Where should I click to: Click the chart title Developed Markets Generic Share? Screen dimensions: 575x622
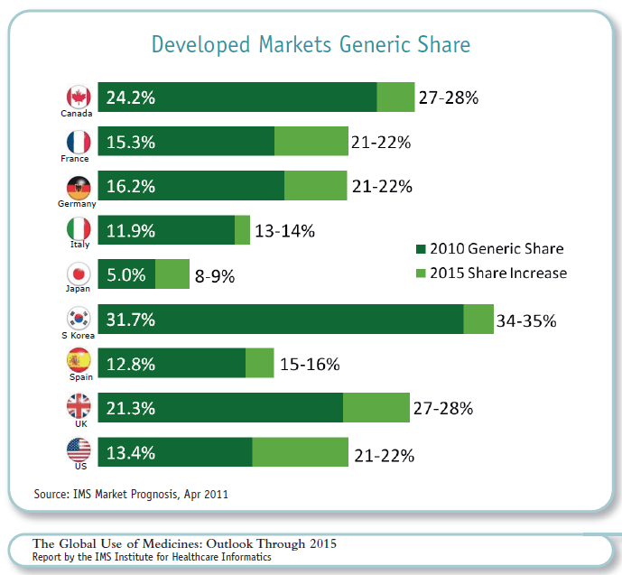coord(311,45)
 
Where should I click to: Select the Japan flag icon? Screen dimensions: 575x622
coord(79,274)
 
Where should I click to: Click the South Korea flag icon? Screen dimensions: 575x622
coord(79,319)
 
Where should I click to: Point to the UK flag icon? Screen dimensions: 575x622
coord(79,407)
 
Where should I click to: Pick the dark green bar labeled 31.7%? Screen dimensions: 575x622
coord(280,320)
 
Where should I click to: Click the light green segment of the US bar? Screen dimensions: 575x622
coord(300,451)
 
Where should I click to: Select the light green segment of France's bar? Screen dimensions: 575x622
coord(311,142)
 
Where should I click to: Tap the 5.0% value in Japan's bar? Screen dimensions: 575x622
coord(125,275)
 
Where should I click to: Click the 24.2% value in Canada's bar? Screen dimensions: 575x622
coord(131,97)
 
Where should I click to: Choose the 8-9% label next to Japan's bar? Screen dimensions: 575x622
coord(215,277)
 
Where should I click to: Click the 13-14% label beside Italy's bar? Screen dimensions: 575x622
coord(284,231)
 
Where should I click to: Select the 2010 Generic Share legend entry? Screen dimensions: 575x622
coord(489,248)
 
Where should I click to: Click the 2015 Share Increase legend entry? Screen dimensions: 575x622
coord(491,273)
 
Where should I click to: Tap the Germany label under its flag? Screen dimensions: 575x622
coord(77,204)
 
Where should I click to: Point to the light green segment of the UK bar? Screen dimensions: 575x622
coord(376,408)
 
